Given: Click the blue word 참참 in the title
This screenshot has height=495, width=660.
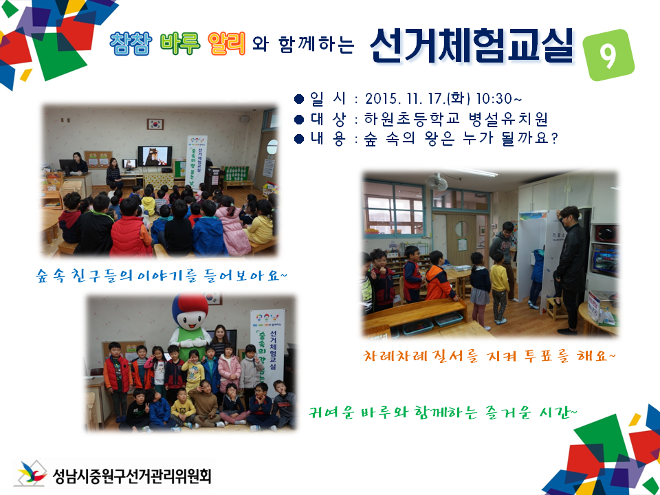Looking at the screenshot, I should click(131, 44).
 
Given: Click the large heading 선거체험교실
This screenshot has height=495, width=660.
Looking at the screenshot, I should click(471, 45).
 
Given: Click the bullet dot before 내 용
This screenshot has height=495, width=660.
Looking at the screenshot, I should click(298, 138).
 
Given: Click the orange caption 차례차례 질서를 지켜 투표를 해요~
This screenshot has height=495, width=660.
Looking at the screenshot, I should click(489, 357).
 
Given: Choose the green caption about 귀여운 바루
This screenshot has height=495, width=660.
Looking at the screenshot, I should click(444, 411).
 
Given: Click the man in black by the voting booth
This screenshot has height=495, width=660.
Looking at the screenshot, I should click(570, 268).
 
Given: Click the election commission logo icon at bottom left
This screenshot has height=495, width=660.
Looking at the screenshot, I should click(32, 474).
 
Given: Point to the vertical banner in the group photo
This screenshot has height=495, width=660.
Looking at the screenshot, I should click(267, 351).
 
